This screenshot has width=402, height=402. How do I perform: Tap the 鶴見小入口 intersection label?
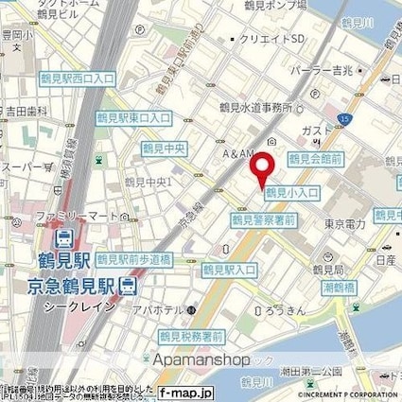(292, 193)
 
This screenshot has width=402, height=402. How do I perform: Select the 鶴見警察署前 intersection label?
(264, 219)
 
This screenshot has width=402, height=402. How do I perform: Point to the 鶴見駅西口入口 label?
(74, 82)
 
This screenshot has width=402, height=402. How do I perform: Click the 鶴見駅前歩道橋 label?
(143, 256)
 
